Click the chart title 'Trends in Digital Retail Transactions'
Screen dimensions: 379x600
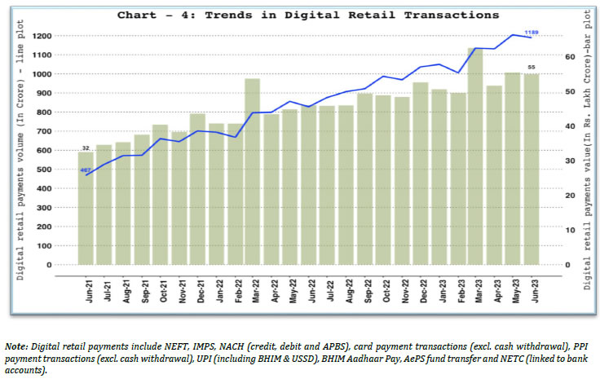[308, 15]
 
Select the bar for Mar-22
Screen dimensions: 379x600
[252, 171]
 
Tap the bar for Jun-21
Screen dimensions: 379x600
[86, 208]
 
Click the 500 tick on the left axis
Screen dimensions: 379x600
[63, 170]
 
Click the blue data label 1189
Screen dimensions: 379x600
[531, 32]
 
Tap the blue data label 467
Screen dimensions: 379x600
[85, 170]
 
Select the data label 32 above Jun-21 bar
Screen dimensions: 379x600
[85, 148]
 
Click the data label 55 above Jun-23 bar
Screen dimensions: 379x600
[532, 67]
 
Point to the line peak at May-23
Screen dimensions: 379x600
[513, 35]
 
